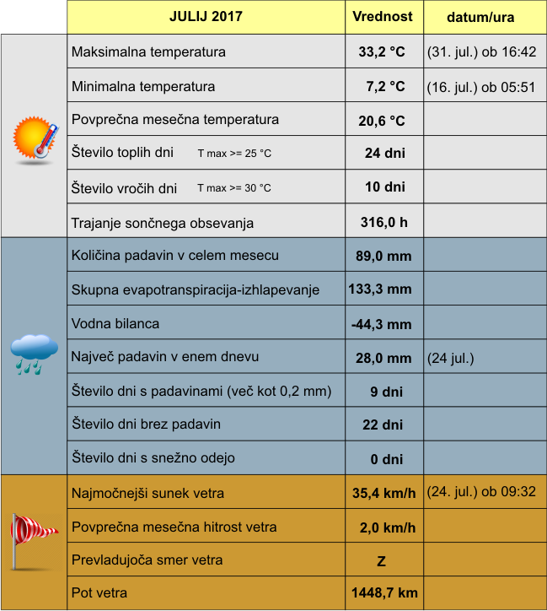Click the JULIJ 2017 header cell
coord(206,17)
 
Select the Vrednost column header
coord(383,17)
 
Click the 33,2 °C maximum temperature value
coord(382,51)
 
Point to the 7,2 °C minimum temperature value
coord(385,86)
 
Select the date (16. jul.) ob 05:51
coord(481,86)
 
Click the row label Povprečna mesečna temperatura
coord(175,119)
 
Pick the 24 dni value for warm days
coord(384,153)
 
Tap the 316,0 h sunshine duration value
coord(383,223)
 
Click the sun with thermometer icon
coord(35,138)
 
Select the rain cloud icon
coord(34,353)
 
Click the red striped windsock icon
coord(33,537)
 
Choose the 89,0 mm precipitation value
coord(383,255)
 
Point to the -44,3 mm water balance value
coord(381,323)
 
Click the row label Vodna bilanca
coord(115,323)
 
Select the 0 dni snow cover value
coord(386,459)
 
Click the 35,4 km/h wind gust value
coord(383,493)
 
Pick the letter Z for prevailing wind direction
coord(381,560)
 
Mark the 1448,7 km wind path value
coord(383,593)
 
